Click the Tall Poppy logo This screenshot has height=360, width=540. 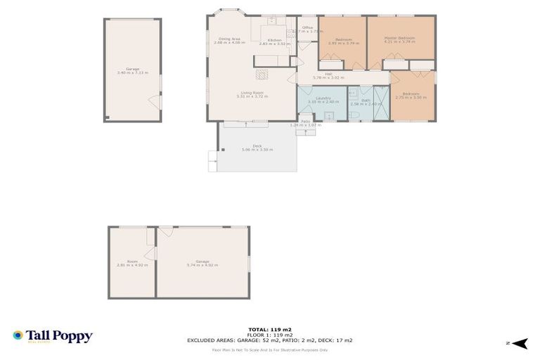(53, 337)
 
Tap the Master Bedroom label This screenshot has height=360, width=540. (399, 39)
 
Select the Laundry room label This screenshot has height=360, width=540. (323, 101)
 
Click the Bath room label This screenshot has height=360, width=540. (365, 101)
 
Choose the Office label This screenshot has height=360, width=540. (307, 30)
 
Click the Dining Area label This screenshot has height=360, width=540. (229, 41)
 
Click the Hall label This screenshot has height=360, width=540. (328, 75)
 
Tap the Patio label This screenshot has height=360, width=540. (305, 123)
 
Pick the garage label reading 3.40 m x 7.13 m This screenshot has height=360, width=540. (132, 70)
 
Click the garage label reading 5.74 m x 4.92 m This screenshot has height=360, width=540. (202, 263)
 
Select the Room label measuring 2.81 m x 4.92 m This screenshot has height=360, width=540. (131, 263)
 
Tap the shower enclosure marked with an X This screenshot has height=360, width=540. (380, 103)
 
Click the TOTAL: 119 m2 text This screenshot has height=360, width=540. (269, 329)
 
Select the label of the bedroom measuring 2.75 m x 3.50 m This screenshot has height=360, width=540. (411, 96)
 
